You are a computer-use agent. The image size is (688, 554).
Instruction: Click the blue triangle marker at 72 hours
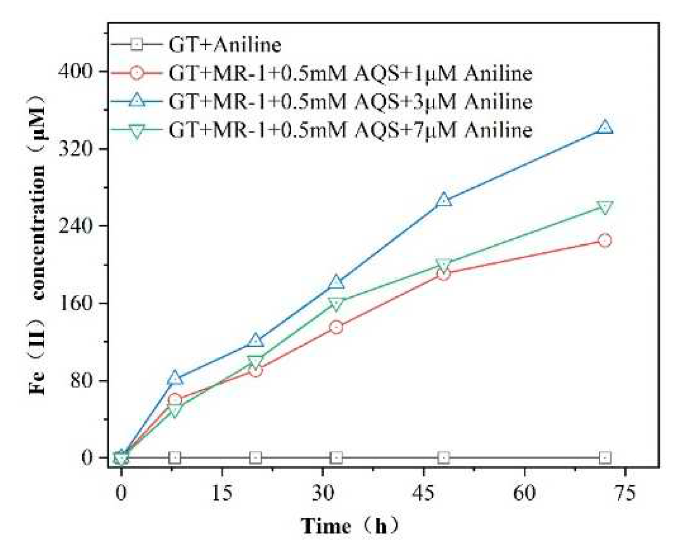pyautogui.click(x=605, y=127)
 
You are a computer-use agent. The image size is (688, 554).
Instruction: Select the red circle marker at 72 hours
pyautogui.click(x=605, y=240)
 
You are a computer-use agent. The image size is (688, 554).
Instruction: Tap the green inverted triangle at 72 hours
pyautogui.click(x=605, y=208)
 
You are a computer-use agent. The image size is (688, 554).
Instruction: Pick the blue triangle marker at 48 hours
pyautogui.click(x=444, y=200)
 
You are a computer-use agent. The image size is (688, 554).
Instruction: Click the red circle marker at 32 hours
pyautogui.click(x=336, y=327)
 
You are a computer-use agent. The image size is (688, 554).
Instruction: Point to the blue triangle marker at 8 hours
pyautogui.click(x=175, y=378)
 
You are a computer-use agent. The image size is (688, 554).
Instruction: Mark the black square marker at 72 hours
pyautogui.click(x=605, y=457)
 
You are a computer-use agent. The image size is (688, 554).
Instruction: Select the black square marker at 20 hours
pyautogui.click(x=256, y=457)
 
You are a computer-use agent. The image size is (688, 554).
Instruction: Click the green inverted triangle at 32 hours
pyautogui.click(x=336, y=304)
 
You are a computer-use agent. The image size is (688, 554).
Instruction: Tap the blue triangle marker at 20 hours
pyautogui.click(x=256, y=341)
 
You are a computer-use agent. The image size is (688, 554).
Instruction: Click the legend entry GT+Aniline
pyautogui.click(x=225, y=45)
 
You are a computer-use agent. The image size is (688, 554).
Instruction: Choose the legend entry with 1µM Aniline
pyautogui.click(x=350, y=73)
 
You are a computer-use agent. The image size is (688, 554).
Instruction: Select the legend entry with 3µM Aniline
pyautogui.click(x=350, y=102)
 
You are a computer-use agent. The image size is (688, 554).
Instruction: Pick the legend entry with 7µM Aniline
pyautogui.click(x=350, y=130)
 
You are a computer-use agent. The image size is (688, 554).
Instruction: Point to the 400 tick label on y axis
pyautogui.click(x=75, y=71)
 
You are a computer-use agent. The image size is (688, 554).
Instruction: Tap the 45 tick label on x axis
pyautogui.click(x=424, y=493)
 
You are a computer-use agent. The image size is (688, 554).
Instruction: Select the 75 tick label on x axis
pyautogui.click(x=625, y=493)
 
